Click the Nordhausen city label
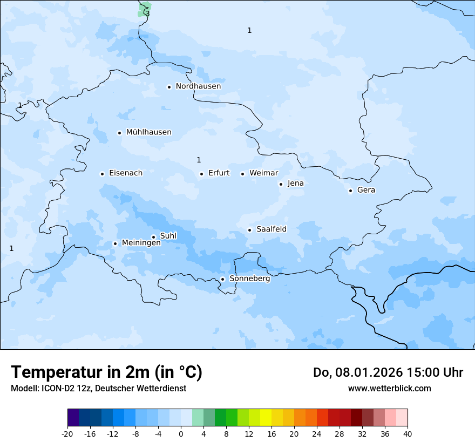pos(198,86)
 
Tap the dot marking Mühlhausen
pos(119,133)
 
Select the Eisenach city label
pos(126,173)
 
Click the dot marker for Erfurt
pos(201,174)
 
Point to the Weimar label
pos(263,173)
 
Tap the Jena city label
pos(295,184)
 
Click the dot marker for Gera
pos(350,191)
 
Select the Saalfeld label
pos(272,229)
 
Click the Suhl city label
pos(168,236)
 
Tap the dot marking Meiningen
pos(115,243)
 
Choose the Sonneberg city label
pos(249,279)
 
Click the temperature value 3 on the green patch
pos(147,13)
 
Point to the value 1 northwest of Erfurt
pos(199,160)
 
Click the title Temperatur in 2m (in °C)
pos(106,372)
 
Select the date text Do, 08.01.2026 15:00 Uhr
pos(388,372)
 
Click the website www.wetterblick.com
pos(389,389)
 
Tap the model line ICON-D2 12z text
pos(98,389)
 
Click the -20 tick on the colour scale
pos(67,433)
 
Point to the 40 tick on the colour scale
pos(408,433)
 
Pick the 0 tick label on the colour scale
pos(181,433)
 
